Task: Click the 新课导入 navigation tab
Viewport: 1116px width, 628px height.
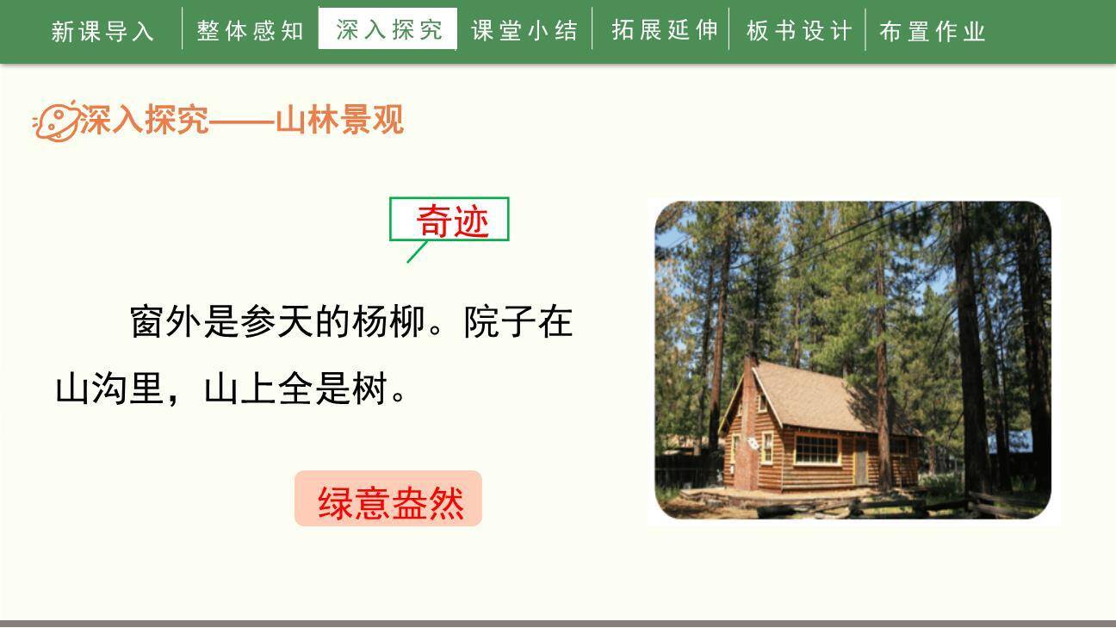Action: (102, 32)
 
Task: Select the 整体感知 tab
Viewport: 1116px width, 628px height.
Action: (250, 31)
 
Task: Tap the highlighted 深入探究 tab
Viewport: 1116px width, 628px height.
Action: (388, 29)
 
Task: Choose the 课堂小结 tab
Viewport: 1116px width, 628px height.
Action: (524, 31)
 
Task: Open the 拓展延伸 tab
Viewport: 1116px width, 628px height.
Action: (664, 30)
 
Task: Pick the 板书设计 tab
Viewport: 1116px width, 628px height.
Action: (798, 31)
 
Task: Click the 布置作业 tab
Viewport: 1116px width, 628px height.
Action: (933, 32)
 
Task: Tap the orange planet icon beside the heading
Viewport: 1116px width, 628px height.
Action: (55, 121)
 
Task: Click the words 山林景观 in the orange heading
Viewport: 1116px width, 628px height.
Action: (339, 121)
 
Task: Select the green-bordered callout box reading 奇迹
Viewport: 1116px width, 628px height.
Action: (450, 221)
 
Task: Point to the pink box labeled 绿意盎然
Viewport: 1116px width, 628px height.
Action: (389, 500)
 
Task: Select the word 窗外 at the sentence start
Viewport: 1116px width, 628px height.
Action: (166, 322)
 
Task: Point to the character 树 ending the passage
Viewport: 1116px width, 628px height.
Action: (369, 389)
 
